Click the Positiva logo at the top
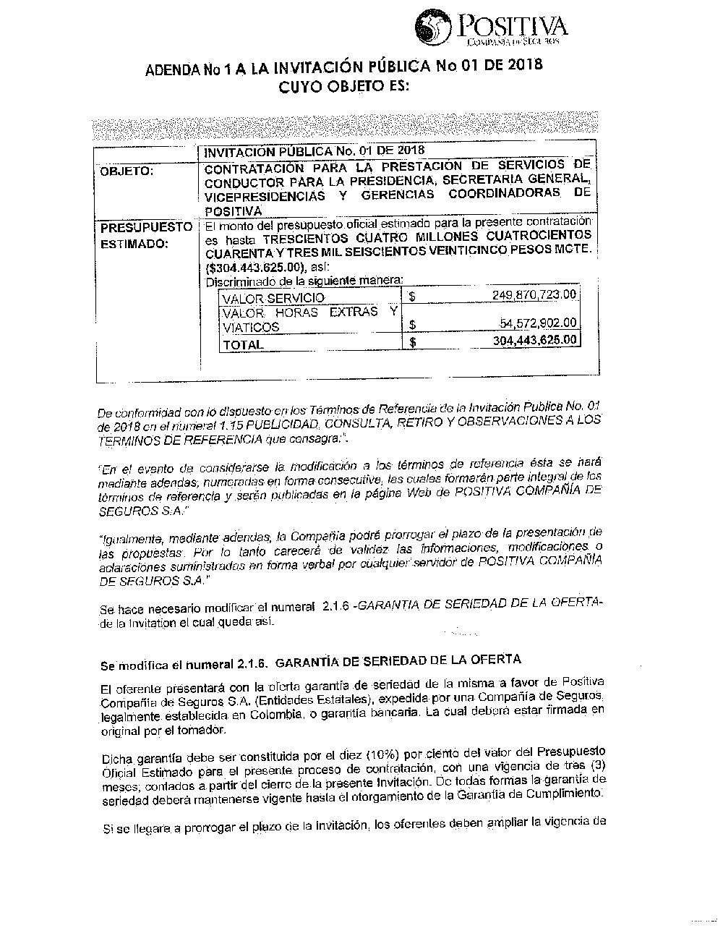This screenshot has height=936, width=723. point(491,29)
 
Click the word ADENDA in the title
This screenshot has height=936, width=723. point(172,70)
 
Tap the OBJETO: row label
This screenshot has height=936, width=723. point(127,171)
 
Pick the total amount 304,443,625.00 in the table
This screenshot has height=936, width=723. point(534,340)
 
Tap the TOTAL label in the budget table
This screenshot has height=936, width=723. point(243,345)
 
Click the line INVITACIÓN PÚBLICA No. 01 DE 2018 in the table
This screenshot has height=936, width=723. point(314,151)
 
